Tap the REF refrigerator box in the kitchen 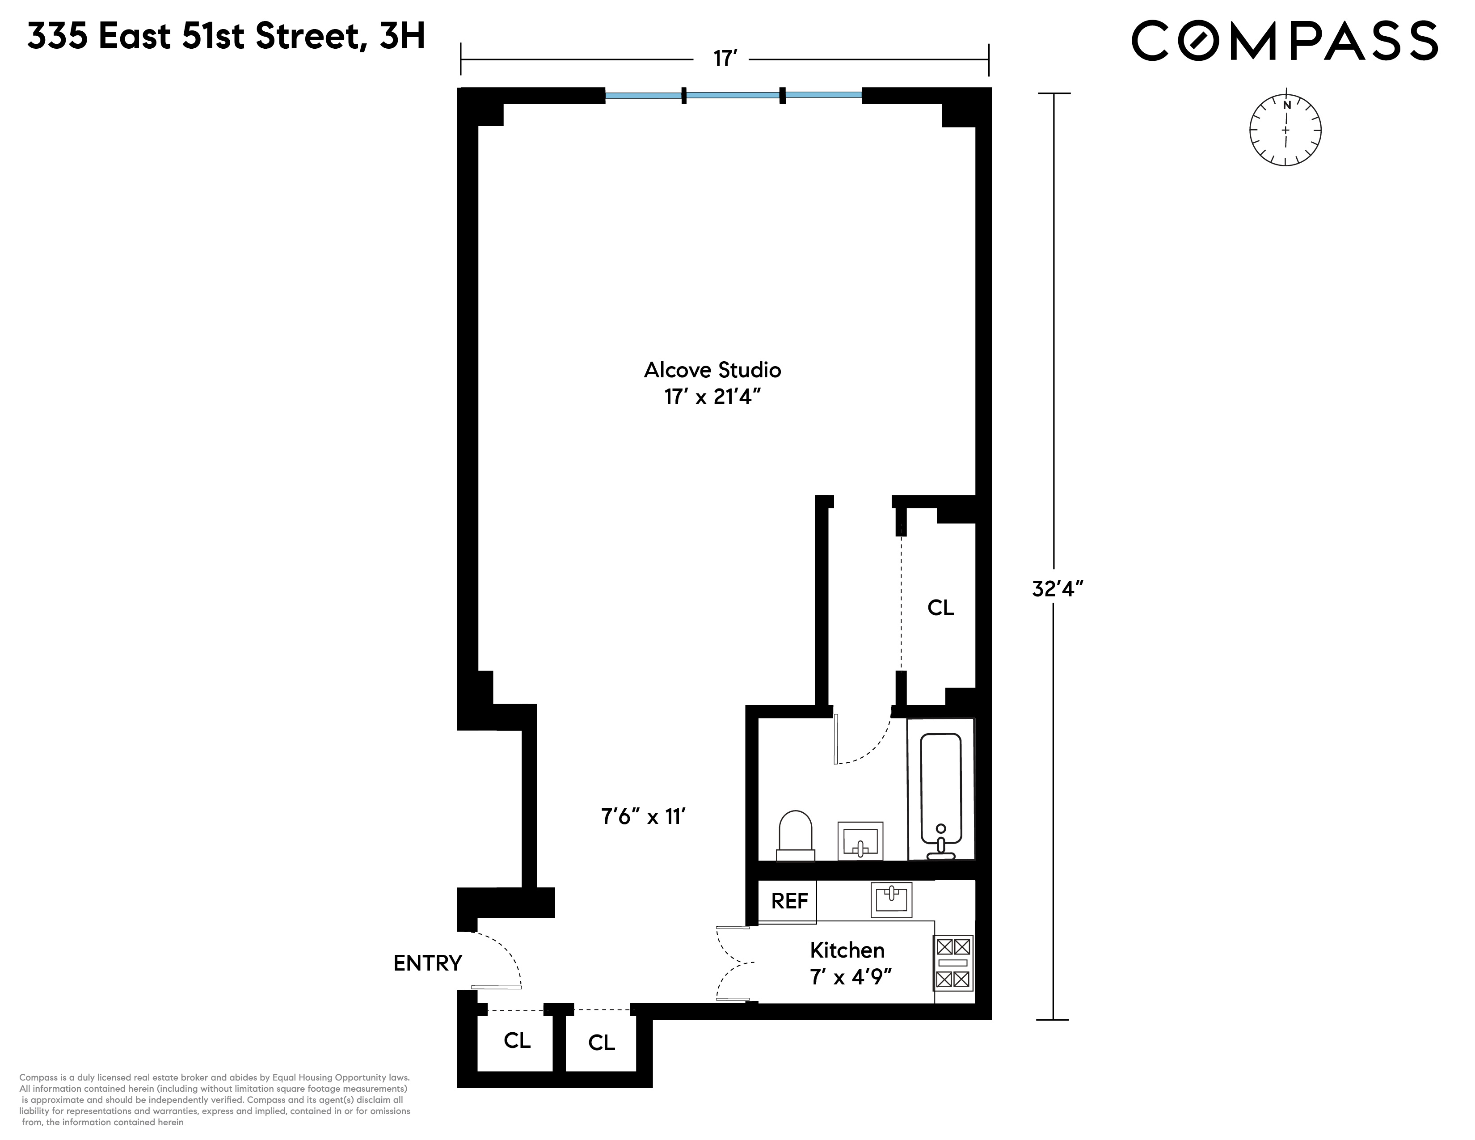(x=788, y=901)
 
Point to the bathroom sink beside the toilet (x=860, y=841)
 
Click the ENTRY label (x=427, y=963)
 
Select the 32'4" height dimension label (x=1058, y=589)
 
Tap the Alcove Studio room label (x=712, y=370)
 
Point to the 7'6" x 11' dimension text (x=644, y=817)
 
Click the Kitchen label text (x=847, y=950)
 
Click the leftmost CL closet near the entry (x=517, y=1041)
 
